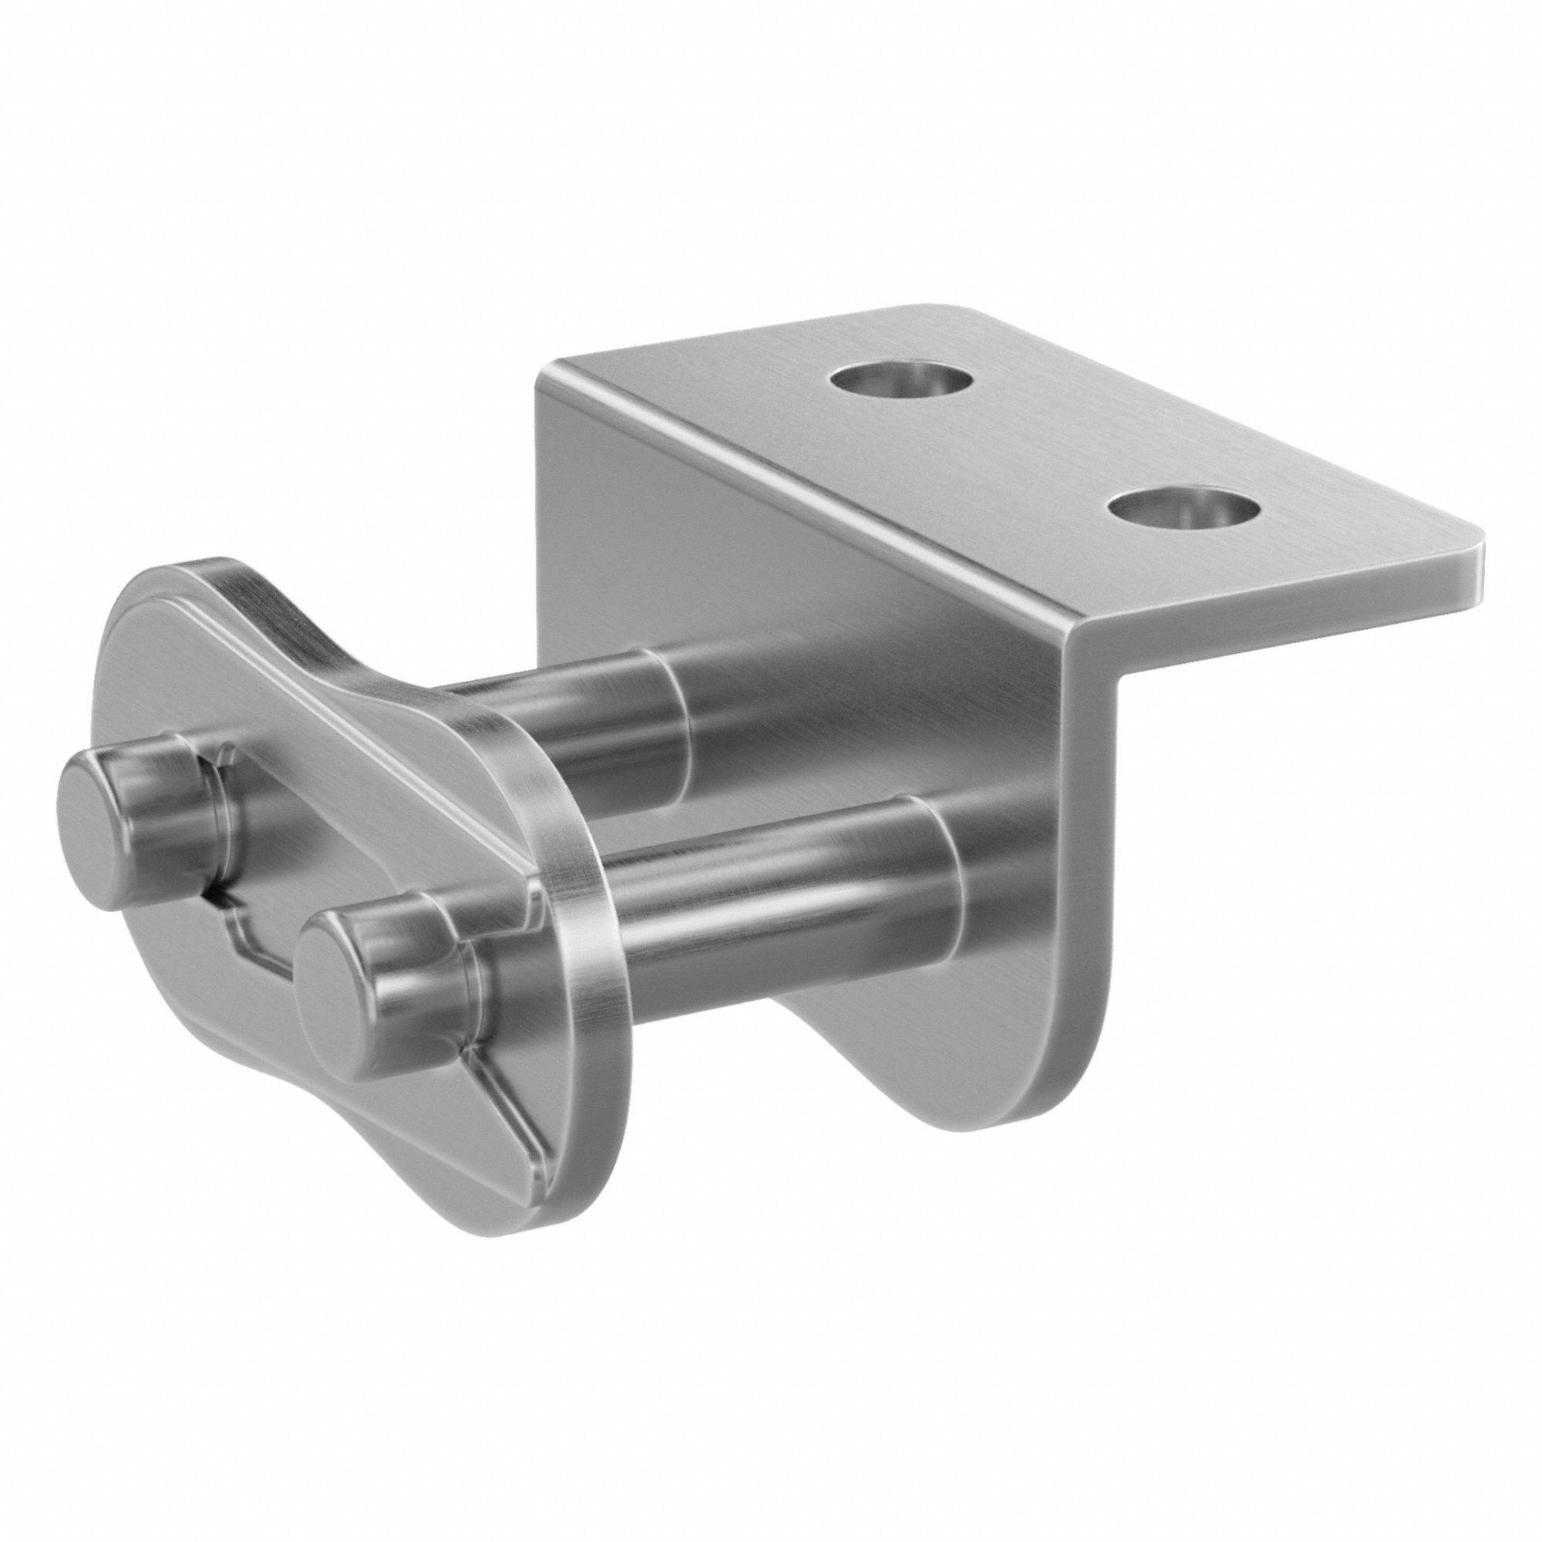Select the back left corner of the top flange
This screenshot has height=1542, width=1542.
click(550, 375)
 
